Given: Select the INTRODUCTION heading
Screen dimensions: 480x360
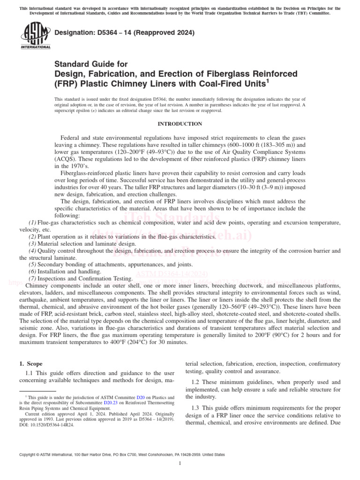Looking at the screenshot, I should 180,124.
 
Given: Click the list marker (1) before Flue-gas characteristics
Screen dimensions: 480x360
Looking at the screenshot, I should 32,221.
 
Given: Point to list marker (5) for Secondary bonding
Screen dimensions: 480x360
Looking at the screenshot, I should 32,264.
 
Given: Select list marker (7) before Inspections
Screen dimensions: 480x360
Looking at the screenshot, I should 32,278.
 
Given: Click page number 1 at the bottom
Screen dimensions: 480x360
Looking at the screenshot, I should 180,464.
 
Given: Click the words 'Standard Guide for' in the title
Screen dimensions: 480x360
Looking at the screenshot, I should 91,64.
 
